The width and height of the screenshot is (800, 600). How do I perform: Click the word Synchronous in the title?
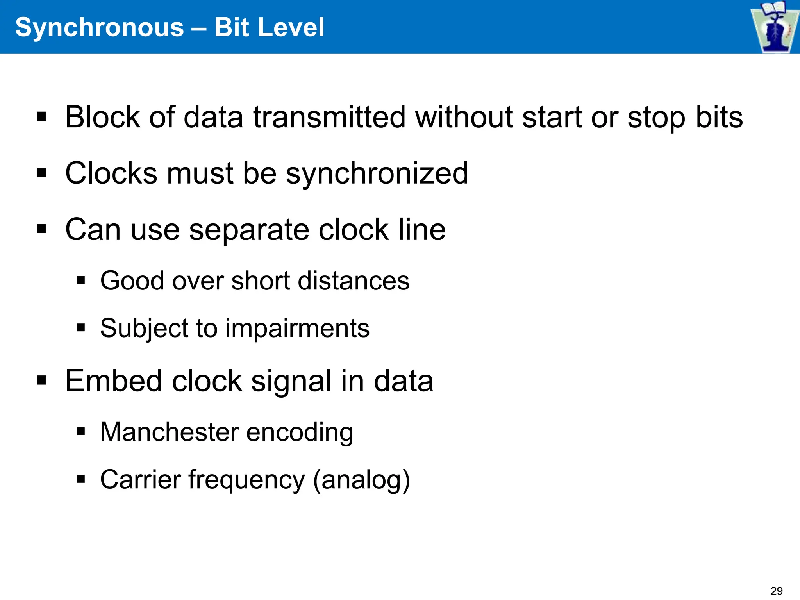99,27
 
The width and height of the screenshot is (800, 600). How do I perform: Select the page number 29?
777,591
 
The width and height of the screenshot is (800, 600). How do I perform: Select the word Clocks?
111,173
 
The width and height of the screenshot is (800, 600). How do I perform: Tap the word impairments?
297,328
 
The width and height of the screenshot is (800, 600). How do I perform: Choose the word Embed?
113,380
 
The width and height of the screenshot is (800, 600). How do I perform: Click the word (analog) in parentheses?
362,480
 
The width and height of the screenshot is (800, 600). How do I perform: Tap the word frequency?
246,480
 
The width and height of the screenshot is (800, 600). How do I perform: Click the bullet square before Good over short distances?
81,280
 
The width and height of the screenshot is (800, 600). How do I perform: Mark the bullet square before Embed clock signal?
42,380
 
